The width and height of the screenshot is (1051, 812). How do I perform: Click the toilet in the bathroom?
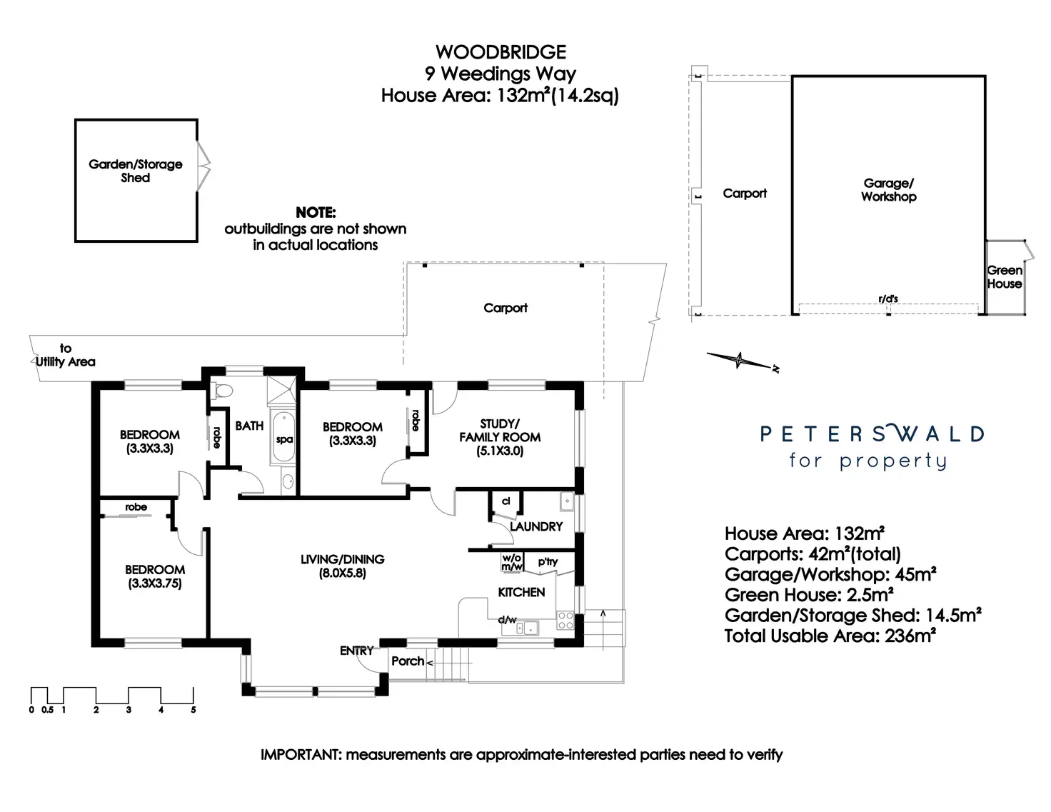pyautogui.click(x=221, y=391)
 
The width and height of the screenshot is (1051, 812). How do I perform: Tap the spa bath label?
pyautogui.click(x=284, y=440)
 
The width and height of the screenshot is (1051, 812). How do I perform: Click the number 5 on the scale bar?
pyautogui.click(x=193, y=710)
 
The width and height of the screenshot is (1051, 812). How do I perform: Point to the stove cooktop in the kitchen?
pyautogui.click(x=565, y=620)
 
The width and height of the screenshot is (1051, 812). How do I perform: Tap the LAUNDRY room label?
pyautogui.click(x=536, y=526)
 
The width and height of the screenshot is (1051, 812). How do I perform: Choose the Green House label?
pyautogui.click(x=1004, y=277)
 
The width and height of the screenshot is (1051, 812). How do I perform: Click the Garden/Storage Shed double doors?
pyautogui.click(x=203, y=166)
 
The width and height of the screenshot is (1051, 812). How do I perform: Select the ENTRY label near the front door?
pyautogui.click(x=356, y=651)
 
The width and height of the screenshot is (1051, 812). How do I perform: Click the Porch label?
pyautogui.click(x=408, y=661)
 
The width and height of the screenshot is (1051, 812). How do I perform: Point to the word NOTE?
pyautogui.click(x=316, y=212)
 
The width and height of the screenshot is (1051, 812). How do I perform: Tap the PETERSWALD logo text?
pyautogui.click(x=872, y=433)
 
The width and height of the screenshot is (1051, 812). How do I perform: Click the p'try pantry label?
pyautogui.click(x=548, y=562)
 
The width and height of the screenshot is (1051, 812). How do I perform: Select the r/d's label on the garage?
pyautogui.click(x=888, y=299)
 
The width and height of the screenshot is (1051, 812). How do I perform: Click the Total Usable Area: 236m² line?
pyautogui.click(x=830, y=636)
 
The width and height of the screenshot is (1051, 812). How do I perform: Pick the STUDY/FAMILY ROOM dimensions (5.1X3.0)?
pyautogui.click(x=500, y=451)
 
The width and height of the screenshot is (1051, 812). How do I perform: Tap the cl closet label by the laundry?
pyautogui.click(x=506, y=501)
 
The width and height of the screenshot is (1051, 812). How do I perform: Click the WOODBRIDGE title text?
pyautogui.click(x=501, y=52)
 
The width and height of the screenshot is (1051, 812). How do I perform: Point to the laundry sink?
pyautogui.click(x=566, y=501)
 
